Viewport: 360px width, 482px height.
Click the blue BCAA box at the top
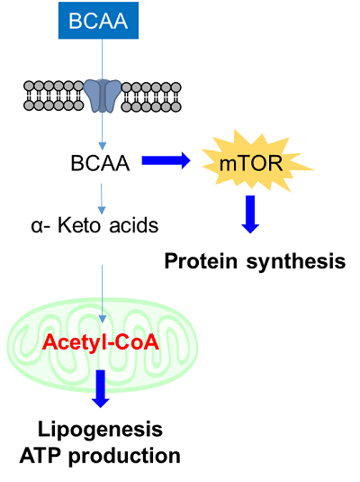click(98, 21)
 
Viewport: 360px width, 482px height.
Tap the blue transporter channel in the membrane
click(103, 95)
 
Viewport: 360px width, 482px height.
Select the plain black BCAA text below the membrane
click(100, 163)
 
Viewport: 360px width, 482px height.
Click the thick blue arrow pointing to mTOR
click(166, 160)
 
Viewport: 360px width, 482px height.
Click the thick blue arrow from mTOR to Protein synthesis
click(250, 214)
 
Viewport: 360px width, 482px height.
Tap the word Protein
click(201, 261)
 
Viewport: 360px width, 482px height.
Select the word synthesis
click(296, 262)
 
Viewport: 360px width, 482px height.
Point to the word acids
click(134, 225)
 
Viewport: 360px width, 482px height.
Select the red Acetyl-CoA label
click(101, 341)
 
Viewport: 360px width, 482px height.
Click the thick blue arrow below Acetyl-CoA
click(101, 389)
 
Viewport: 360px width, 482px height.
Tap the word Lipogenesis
click(100, 430)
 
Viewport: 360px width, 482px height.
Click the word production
click(124, 457)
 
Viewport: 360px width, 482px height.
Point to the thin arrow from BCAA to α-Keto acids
click(102, 199)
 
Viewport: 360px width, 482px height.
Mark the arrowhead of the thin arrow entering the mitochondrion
click(103, 319)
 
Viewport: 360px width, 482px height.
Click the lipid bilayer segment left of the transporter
click(54, 95)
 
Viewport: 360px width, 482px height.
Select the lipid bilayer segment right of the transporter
click(151, 96)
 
